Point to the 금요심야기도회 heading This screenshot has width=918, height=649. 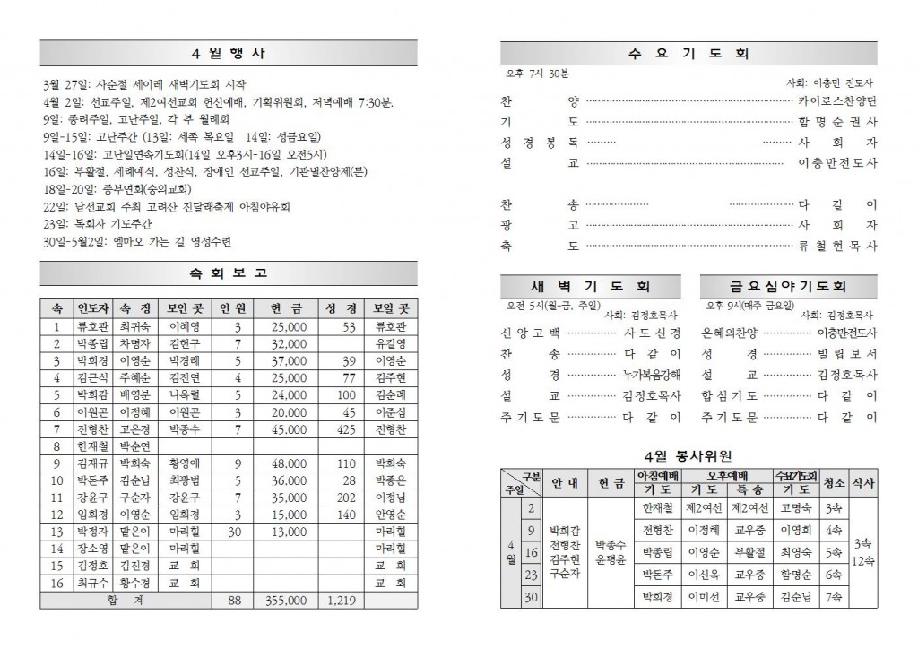[x=789, y=287]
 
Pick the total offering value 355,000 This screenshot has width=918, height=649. [x=288, y=600]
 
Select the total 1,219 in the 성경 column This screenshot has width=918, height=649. [x=341, y=600]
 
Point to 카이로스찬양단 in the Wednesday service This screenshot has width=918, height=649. [x=837, y=101]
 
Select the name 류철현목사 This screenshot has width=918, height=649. [x=837, y=245]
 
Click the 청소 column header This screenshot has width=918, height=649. [x=833, y=482]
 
